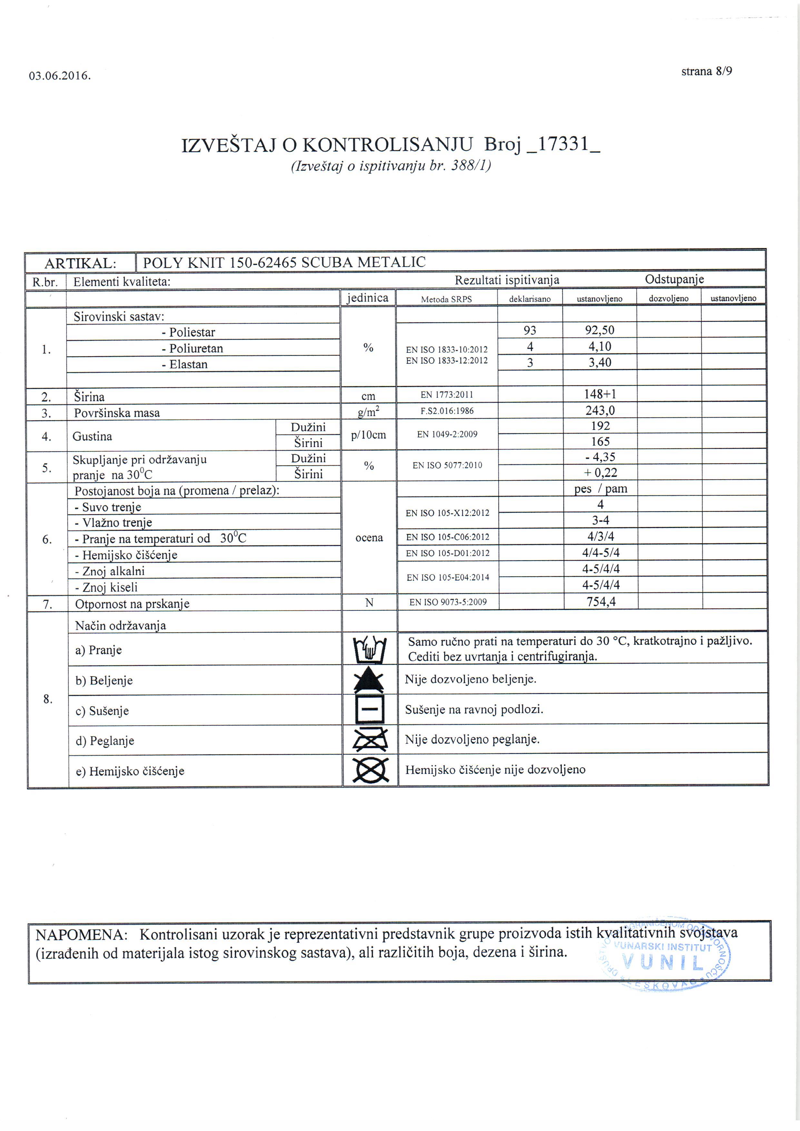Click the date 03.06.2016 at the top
click(60, 76)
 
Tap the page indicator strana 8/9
click(706, 71)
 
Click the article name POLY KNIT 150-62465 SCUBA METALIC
click(284, 262)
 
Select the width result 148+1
click(600, 394)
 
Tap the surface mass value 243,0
click(600, 410)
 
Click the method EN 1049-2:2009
click(447, 434)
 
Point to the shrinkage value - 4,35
click(600, 457)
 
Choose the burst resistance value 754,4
click(601, 601)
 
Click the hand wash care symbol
click(370, 650)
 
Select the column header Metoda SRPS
click(446, 299)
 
